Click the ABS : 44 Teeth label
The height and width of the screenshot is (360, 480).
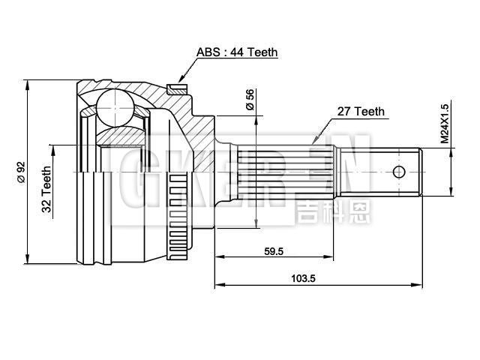point(237,52)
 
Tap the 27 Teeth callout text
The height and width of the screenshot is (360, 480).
point(360,111)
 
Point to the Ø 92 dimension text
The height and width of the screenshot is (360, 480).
point(22,172)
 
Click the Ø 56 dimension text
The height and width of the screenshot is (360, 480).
point(250,100)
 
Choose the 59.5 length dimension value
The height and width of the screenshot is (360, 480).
point(274,252)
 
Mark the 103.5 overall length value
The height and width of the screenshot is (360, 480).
point(303,278)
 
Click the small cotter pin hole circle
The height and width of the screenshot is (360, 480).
point(399,171)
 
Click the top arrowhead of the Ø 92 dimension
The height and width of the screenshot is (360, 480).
point(28,80)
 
